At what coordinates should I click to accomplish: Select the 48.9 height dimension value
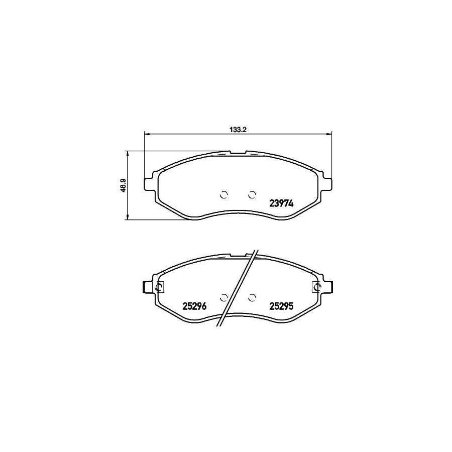122,185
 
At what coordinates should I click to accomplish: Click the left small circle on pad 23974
224,195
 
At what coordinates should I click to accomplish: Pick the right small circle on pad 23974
252,195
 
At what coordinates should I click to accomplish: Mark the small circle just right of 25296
224,297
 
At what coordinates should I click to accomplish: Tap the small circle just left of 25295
252,297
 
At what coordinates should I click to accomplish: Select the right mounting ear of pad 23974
327,183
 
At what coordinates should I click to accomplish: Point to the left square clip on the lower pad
159,287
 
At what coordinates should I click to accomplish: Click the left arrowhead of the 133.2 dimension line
147,134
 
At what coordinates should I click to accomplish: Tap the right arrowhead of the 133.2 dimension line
330,134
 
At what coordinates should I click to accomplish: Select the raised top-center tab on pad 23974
238,152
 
